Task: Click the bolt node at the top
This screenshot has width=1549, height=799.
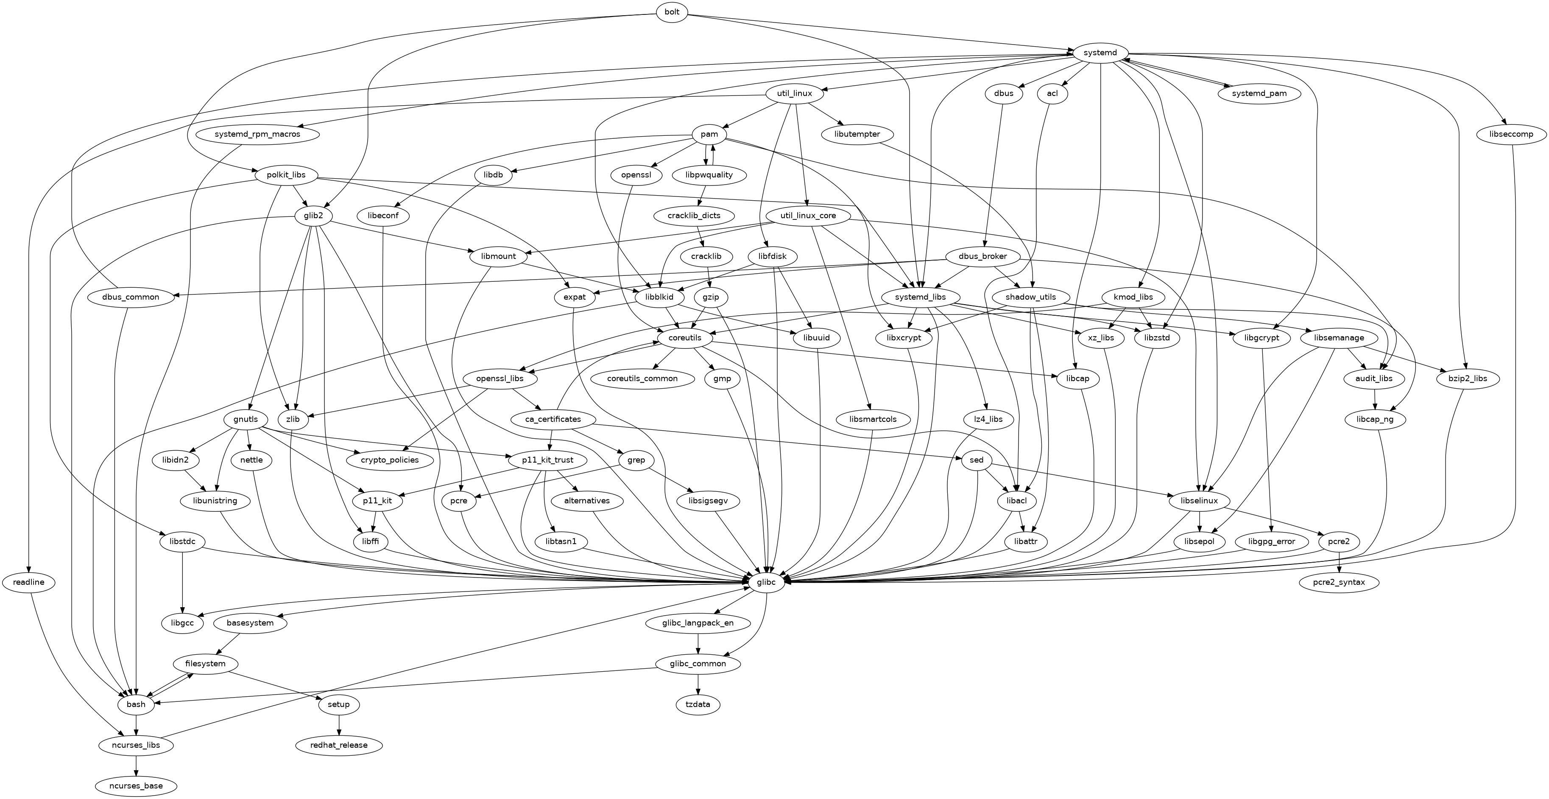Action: [672, 12]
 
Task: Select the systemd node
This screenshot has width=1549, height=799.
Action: [1100, 53]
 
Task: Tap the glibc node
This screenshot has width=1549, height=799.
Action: [767, 583]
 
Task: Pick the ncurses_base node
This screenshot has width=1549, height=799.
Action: [137, 786]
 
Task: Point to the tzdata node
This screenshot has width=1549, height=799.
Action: [698, 704]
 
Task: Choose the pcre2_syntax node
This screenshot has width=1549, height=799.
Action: [1339, 583]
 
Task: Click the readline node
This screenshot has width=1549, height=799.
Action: [28, 583]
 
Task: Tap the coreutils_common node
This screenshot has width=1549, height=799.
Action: [642, 378]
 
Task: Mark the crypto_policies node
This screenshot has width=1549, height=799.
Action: [390, 460]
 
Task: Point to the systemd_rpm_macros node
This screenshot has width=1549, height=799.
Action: [257, 134]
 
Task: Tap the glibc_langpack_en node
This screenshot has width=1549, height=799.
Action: [698, 623]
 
